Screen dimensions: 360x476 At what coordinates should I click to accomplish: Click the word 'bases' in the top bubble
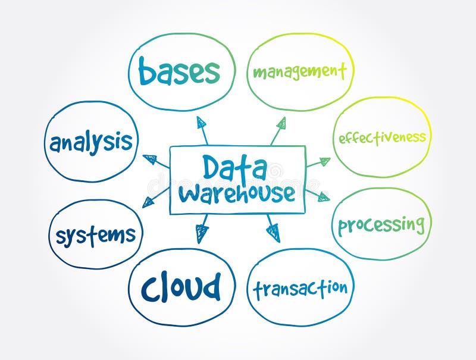179,72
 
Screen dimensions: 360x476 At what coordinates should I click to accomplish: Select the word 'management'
299,72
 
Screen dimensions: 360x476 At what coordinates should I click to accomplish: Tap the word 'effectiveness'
382,138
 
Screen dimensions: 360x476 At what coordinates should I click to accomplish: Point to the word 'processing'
381,225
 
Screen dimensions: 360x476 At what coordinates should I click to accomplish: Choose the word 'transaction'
300,289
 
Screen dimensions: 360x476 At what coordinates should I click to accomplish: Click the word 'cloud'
181,288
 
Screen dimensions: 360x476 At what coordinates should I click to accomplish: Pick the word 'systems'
96,235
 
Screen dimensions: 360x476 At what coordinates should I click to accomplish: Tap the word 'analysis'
91,143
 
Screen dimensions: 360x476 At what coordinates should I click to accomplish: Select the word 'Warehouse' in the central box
237,193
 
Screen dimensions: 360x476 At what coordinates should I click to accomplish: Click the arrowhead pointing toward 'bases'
202,123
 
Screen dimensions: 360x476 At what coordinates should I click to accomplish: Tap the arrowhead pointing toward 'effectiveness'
324,161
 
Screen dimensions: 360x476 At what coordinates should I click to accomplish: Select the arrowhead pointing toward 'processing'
323,197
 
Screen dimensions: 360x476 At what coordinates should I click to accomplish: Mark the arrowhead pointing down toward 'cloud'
202,233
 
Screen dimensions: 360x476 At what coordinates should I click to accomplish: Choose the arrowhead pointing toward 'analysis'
151,159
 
